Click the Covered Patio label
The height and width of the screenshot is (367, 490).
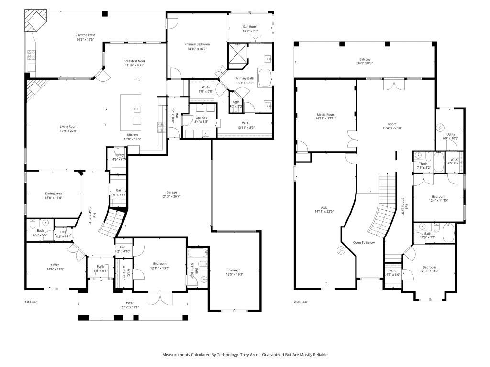pos(85,35)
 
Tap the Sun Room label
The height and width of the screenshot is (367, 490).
pos(250,27)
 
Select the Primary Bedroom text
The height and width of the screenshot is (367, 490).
pos(197,44)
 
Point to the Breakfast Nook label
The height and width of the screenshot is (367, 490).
pos(134,61)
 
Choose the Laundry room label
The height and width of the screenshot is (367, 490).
pos(201,117)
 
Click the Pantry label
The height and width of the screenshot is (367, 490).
pos(119,155)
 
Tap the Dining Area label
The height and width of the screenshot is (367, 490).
pos(54,193)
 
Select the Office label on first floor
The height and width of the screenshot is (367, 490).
pos(56,264)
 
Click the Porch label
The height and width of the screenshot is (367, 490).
pos(130,302)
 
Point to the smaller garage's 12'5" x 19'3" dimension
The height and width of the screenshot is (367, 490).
pos(234,275)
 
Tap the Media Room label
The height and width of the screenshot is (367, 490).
pos(325,115)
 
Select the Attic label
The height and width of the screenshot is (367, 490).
pos(324,207)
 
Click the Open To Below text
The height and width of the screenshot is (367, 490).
pos(364,243)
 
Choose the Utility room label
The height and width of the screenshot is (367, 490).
pos(451,134)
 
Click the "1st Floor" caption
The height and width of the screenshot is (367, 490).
pos(32,302)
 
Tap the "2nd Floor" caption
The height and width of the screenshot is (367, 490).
pos(301,302)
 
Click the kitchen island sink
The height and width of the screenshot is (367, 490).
pos(137,109)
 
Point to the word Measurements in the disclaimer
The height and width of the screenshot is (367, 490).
pos(177,355)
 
